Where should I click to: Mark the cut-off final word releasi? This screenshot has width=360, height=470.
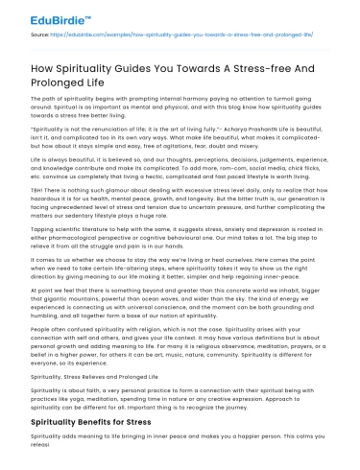click(44, 460)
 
